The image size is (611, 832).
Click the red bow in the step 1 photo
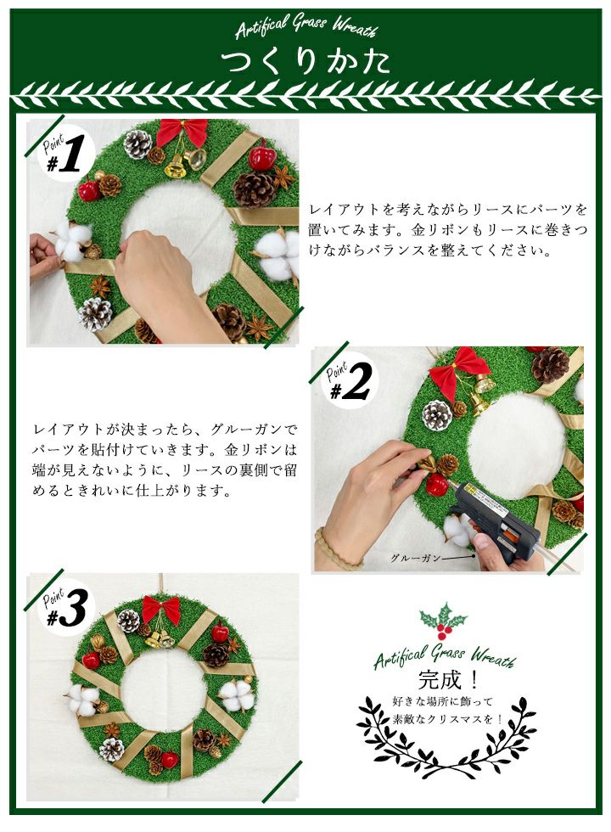pos(182,132)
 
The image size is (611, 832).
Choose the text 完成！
pos(449,680)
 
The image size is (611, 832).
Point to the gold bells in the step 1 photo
pos(185,162)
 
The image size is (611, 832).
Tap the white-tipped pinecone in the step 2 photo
pos(438,414)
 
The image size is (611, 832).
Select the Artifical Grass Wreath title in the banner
pos(306,26)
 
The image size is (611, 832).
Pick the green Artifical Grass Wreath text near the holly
pos(445,657)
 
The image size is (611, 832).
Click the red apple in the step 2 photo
pos(438,485)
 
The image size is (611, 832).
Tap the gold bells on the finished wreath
pos(160,640)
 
